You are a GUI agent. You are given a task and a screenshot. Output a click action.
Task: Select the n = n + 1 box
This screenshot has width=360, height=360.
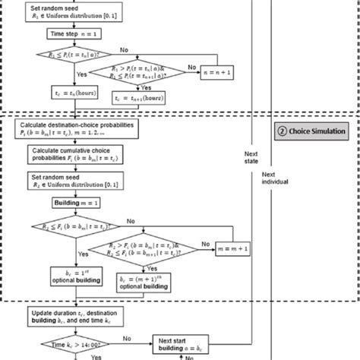[217, 71]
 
